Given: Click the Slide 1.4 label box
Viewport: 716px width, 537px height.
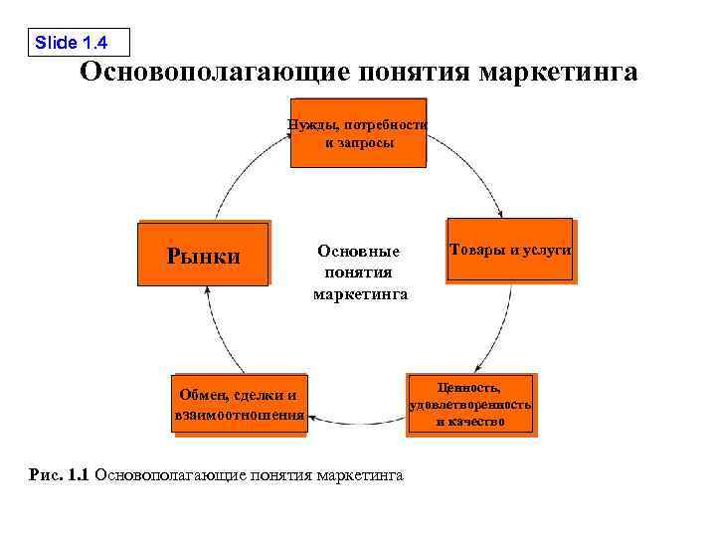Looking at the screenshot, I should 78,42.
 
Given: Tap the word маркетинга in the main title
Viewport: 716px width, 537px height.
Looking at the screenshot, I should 557,74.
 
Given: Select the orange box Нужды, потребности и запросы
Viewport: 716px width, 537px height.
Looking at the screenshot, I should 359,133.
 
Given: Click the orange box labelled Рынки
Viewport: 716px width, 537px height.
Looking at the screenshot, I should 203,256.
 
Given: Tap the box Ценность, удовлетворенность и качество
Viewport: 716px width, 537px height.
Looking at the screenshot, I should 470,404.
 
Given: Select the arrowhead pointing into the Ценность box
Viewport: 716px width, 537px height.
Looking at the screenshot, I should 476,368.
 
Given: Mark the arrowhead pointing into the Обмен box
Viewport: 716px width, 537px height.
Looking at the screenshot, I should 314,421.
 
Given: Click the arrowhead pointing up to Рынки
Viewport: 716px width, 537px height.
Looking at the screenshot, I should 208,291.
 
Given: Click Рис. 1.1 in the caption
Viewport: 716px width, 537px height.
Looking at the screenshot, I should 61,475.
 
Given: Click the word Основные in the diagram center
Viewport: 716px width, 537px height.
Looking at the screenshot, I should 358,251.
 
